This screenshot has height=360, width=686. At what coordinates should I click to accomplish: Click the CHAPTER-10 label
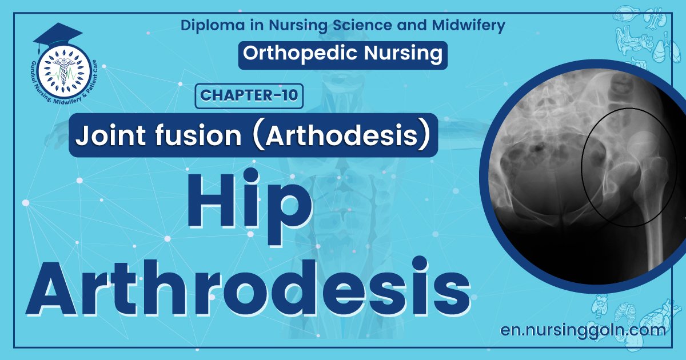coord(249,95)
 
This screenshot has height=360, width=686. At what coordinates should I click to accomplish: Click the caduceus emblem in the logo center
coord(62,74)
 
